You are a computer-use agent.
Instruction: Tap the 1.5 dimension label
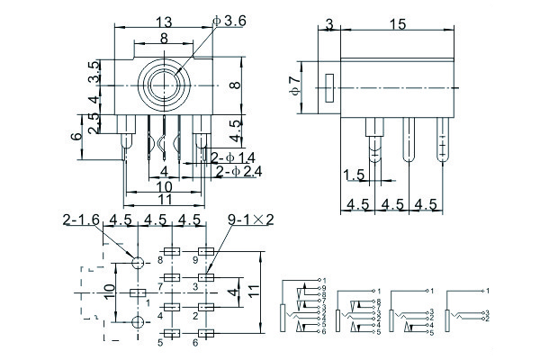(354, 175)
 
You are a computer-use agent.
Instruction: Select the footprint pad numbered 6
(207, 333)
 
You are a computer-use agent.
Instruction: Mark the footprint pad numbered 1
(138, 293)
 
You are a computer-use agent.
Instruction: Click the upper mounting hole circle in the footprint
(138, 264)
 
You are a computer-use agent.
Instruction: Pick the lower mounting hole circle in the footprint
(138, 322)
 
